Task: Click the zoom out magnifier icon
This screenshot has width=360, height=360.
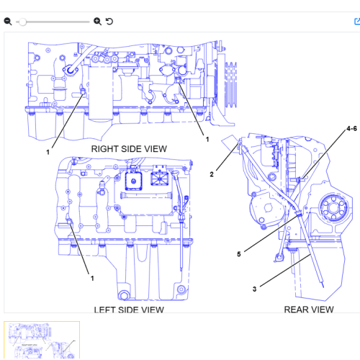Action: tap(8, 22)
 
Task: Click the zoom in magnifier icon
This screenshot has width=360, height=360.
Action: tap(97, 22)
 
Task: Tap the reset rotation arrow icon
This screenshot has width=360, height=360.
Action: tap(109, 22)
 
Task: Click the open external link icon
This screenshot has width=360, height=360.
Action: tap(357, 22)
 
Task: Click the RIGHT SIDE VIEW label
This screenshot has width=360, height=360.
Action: tap(129, 149)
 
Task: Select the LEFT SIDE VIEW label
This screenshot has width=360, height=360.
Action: tap(129, 310)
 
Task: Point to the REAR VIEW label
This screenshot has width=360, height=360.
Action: tap(309, 310)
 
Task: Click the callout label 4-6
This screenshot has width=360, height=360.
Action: tap(351, 129)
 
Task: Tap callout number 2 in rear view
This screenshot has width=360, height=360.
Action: tap(212, 174)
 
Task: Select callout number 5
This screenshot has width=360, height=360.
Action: tap(239, 254)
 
